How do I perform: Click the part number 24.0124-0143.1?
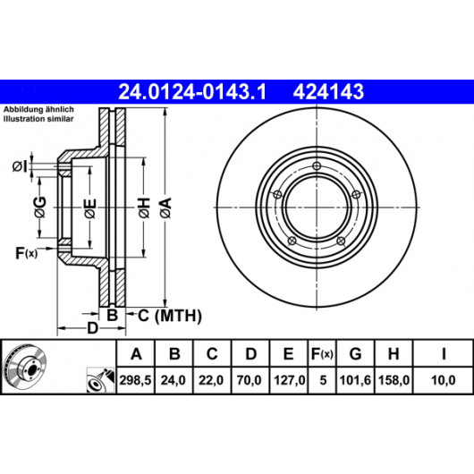[x=192, y=92]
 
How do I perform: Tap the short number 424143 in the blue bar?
[x=328, y=92]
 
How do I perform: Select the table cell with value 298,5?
[x=135, y=380]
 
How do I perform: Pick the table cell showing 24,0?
[x=173, y=380]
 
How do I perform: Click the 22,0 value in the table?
[x=211, y=380]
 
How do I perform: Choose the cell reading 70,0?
[x=250, y=380]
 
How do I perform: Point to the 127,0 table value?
[x=290, y=380]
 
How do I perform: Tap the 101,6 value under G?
[x=355, y=380]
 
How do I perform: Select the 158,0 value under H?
[x=394, y=380]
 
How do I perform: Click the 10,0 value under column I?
[x=443, y=380]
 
